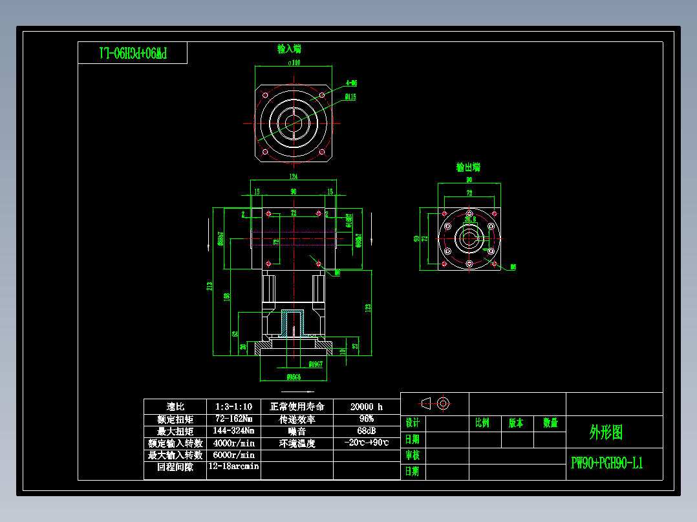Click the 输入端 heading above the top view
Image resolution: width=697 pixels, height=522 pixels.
pyautogui.click(x=289, y=49)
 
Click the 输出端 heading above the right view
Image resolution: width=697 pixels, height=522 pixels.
pyautogui.click(x=467, y=167)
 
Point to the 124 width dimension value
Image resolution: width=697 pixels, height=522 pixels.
pyautogui.click(x=293, y=176)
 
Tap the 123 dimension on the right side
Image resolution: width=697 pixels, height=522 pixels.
pyautogui.click(x=368, y=308)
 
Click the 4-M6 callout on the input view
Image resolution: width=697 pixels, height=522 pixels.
pyautogui.click(x=352, y=83)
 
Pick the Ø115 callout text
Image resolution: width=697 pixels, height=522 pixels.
pyautogui.click(x=350, y=98)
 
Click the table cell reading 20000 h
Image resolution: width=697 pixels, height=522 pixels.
pyautogui.click(x=367, y=406)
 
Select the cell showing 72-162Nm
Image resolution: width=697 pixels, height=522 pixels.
pyautogui.click(x=233, y=419)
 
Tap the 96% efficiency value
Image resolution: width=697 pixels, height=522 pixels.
pyautogui.click(x=367, y=419)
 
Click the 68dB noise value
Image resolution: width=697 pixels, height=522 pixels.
pyautogui.click(x=367, y=431)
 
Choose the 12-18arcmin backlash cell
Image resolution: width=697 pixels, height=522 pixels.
pyautogui.click(x=233, y=466)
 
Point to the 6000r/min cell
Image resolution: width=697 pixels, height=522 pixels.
pyautogui.click(x=233, y=455)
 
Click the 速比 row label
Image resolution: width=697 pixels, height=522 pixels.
pyautogui.click(x=175, y=406)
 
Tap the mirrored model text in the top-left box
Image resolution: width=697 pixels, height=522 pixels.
pyautogui.click(x=133, y=53)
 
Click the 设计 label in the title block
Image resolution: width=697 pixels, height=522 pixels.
pyautogui.click(x=413, y=423)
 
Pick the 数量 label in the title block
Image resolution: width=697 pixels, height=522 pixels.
pyautogui.click(x=550, y=423)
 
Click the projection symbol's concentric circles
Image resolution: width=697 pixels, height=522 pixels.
pyautogui.click(x=443, y=404)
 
